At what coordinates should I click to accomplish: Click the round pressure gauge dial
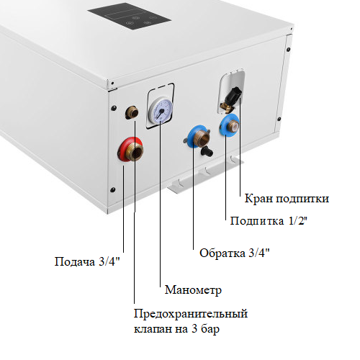[x=161, y=109]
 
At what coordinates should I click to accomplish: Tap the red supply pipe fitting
[x=130, y=150]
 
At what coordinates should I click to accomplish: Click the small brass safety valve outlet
[x=132, y=112]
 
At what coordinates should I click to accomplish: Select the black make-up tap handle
[x=233, y=94]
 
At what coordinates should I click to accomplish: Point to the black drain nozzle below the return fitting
[x=207, y=151]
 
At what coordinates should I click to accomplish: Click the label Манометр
[x=193, y=290]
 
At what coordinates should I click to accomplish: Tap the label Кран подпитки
[x=287, y=199]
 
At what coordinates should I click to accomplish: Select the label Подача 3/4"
[x=87, y=261]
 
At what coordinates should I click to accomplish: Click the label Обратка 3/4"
[x=235, y=253]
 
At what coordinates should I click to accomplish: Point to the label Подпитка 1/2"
[x=269, y=221]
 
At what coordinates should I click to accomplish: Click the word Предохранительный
[x=191, y=314]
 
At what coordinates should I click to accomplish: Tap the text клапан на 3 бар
[x=176, y=329]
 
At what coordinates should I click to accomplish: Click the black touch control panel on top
[x=130, y=17]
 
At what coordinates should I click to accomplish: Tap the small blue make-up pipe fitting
[x=229, y=125]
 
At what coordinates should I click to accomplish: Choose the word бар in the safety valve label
[x=210, y=328]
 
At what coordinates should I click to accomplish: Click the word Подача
[x=75, y=262]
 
